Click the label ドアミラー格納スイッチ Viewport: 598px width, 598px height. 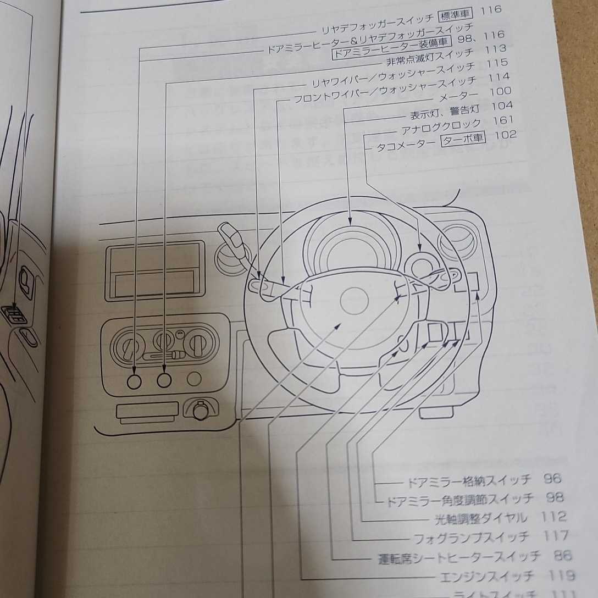click(x=468, y=480)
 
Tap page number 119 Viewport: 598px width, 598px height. click(x=562, y=575)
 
